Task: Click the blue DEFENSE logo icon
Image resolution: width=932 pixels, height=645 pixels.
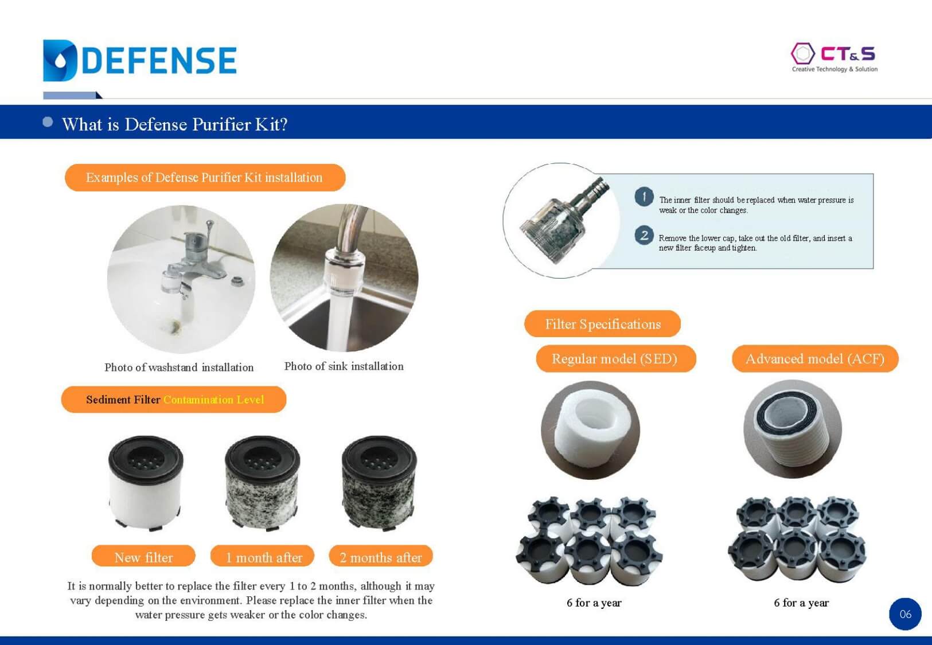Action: [60, 60]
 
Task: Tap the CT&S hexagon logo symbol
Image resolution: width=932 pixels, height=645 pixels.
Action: [802, 54]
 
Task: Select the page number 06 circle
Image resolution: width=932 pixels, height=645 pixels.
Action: [906, 614]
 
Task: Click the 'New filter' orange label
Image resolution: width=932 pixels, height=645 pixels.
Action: [143, 557]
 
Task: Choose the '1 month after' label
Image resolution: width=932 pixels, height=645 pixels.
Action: [263, 557]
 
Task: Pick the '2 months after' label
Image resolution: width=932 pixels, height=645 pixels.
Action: [381, 557]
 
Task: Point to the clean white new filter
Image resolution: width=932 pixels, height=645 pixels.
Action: [146, 483]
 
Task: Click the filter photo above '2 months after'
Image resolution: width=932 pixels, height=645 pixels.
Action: [379, 483]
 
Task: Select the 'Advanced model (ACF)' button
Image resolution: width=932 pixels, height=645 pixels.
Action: [815, 358]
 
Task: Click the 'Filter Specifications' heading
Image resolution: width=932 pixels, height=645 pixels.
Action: [602, 323]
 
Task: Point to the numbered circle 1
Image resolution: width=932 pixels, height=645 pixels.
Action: [644, 197]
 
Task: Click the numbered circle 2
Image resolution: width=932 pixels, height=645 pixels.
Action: [644, 236]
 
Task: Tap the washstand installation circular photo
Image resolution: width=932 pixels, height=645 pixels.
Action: [181, 279]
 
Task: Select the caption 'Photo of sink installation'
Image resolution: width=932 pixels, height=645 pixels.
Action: [344, 366]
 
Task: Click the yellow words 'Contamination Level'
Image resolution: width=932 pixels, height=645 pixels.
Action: [214, 400]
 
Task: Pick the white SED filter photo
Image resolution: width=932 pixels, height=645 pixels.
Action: [590, 430]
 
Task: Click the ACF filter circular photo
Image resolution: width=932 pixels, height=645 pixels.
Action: [793, 429]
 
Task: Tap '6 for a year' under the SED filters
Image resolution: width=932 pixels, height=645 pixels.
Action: [594, 603]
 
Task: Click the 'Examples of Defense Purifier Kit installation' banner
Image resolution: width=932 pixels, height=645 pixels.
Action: [205, 178]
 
